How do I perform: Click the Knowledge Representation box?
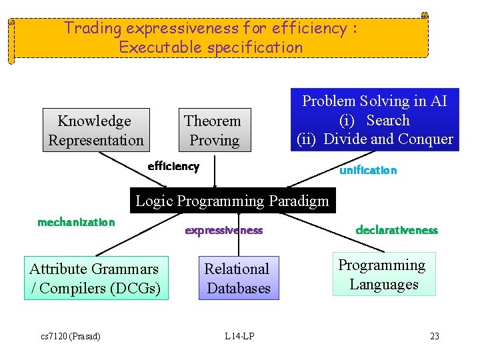96,130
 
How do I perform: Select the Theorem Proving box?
214,130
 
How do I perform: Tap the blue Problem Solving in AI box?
375,120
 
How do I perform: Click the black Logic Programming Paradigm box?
232,201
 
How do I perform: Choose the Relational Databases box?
238,278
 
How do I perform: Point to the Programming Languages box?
384,274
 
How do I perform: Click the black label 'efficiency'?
173,166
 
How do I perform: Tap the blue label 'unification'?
368,170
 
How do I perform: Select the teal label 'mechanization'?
76,222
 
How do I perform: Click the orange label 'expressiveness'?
224,231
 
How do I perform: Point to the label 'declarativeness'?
397,230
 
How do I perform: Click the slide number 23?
435,336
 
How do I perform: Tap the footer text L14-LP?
239,336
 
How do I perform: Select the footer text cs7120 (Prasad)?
70,336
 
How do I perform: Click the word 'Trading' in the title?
93,29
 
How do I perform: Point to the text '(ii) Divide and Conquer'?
375,139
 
